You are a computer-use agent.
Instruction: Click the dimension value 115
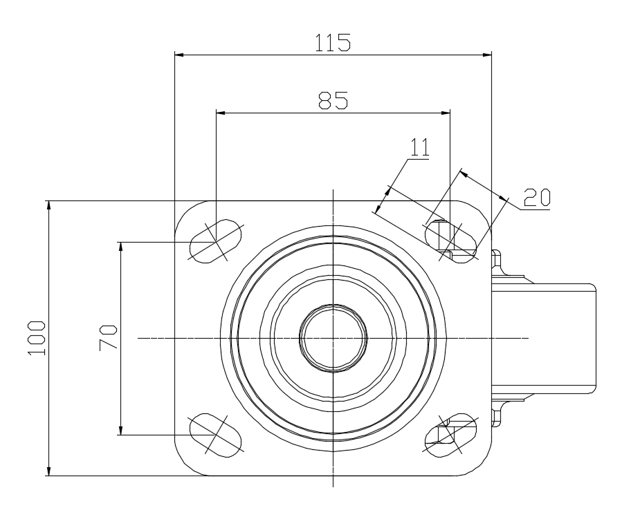333,42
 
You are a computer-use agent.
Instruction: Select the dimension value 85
333,100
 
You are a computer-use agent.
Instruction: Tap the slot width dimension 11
420,147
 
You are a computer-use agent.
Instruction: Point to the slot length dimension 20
537,198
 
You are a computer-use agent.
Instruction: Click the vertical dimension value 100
37,338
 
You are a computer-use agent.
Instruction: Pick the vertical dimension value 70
109,338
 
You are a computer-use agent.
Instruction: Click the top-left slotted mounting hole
215,241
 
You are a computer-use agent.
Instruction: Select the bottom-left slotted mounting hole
215,435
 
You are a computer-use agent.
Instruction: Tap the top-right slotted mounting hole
450,241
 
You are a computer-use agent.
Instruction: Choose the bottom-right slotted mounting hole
450,435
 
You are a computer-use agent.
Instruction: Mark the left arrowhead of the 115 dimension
179,55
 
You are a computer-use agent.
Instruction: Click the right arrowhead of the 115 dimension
486,55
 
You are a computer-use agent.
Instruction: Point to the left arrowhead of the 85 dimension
221,113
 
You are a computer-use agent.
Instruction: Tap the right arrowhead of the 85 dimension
446,113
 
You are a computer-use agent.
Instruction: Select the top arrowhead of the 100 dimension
49,206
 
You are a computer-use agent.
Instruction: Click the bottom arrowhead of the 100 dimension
49,471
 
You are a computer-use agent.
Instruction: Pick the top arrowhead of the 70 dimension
120,247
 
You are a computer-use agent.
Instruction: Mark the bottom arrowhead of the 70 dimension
120,430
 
